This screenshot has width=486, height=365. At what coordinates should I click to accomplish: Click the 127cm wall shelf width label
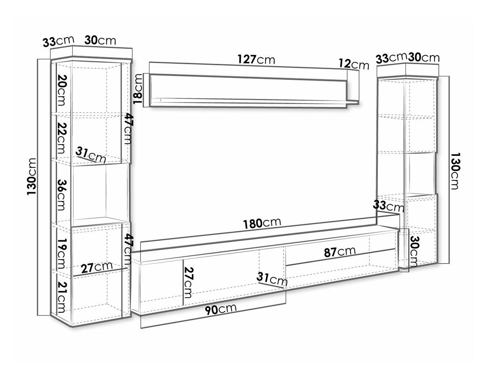(256, 60)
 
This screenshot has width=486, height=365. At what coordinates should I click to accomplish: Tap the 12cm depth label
(354, 64)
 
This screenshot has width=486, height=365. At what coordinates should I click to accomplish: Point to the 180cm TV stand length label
(262, 224)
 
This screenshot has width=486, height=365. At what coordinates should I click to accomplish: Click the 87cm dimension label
(340, 252)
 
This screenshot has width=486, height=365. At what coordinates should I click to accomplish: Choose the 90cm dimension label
(220, 309)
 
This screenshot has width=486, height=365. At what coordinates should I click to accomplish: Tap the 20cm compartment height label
(61, 90)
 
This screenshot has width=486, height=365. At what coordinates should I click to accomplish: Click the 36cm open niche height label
(61, 195)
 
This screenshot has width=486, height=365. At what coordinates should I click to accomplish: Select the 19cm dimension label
(61, 254)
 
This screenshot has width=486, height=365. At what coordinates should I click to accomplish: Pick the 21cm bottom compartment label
(61, 297)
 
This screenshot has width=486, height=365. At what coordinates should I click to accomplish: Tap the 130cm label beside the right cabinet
(456, 171)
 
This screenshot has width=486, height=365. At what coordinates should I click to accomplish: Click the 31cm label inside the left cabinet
(91, 155)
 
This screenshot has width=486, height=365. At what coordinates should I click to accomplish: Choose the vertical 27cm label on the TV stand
(188, 283)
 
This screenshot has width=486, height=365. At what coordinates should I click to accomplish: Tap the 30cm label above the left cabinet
(100, 40)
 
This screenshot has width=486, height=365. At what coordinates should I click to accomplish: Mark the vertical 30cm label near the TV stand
(414, 251)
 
